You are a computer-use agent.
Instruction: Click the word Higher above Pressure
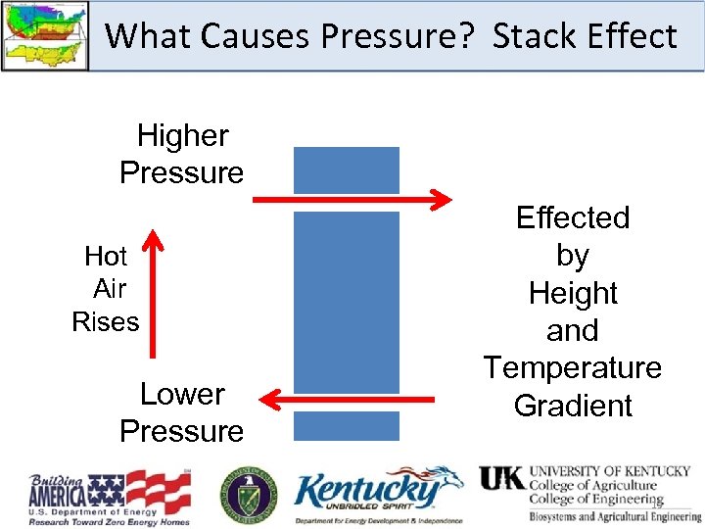pos(183,135)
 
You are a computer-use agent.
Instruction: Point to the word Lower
pos(183,394)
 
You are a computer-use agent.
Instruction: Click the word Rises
pos(106,321)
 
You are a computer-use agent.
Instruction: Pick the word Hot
pos(106,257)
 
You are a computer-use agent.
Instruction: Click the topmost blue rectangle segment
pos(347,169)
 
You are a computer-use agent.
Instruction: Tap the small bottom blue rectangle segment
pos(347,425)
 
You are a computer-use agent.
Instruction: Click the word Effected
pos(573,217)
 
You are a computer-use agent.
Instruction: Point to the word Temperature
pos(573,368)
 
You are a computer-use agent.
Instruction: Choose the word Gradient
pos(573,406)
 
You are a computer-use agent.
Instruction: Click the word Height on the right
pos(573,293)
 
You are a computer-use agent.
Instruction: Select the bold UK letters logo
pos(501,478)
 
